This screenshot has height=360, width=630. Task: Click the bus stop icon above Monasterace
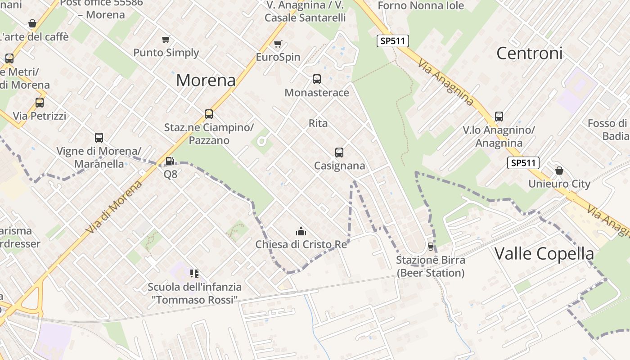(x=317, y=79)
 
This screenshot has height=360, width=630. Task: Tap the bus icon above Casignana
(x=339, y=153)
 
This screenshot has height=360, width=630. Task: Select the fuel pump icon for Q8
(x=170, y=161)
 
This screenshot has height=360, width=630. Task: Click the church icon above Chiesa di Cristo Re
(x=301, y=232)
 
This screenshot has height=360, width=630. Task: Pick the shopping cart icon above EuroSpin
(x=278, y=44)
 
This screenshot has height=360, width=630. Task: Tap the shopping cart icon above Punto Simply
(x=166, y=39)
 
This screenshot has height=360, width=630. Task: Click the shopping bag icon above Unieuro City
(x=559, y=171)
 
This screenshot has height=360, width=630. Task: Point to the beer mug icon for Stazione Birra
(x=430, y=247)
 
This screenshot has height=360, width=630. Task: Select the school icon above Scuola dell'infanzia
(x=194, y=273)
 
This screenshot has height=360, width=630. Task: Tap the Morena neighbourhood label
(x=206, y=80)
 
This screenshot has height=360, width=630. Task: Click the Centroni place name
(x=529, y=53)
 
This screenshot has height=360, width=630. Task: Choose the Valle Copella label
(x=544, y=254)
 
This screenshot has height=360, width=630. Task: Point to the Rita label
(x=318, y=123)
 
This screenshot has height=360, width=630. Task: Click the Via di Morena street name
(x=114, y=207)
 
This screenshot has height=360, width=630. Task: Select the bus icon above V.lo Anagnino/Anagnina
(x=499, y=117)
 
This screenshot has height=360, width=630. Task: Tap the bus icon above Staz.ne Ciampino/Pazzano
(x=209, y=114)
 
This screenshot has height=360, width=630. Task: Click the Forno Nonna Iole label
(x=421, y=6)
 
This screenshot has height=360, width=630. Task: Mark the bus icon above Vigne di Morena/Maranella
(x=99, y=138)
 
